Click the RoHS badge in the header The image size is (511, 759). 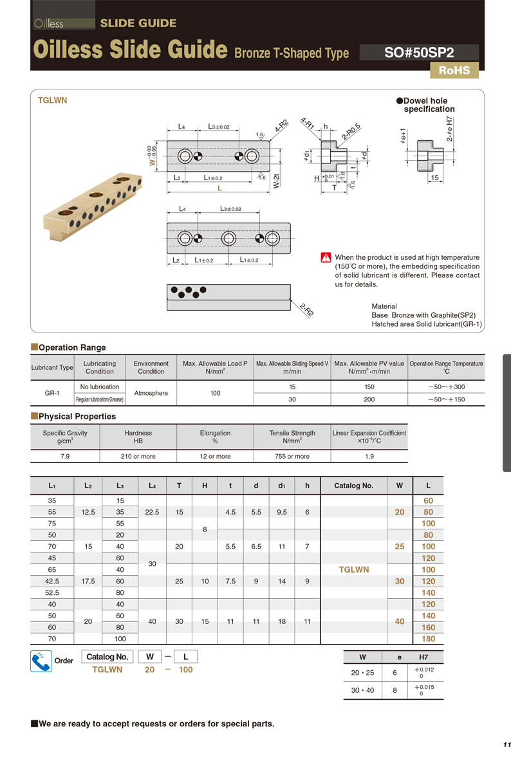[454, 71]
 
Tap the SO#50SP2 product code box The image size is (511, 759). [419, 53]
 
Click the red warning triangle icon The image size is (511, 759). [326, 258]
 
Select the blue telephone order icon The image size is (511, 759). [41, 661]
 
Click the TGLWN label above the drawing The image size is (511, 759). [52, 100]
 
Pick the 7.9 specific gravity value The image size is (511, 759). [65, 456]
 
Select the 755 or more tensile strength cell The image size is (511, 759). [293, 456]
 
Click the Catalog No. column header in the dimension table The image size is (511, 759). [353, 486]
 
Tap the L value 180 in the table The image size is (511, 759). [428, 639]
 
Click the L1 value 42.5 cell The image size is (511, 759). [52, 581]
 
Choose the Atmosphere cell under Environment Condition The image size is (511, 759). [151, 392]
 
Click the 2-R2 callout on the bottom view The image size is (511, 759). [306, 311]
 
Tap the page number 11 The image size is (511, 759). [506, 744]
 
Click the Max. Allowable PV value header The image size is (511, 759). [369, 367]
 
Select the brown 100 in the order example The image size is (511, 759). [185, 670]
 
